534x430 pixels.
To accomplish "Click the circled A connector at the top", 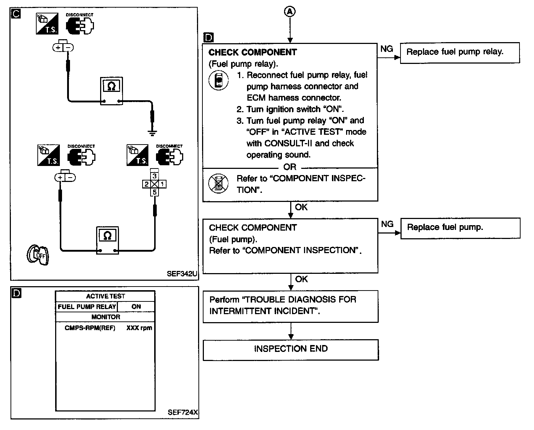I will (290, 12).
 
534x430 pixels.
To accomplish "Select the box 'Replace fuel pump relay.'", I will (460, 53).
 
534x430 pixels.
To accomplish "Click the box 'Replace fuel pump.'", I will (460, 228).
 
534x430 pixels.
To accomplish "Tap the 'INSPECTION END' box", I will (291, 349).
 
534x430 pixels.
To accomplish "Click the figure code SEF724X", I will (183, 412).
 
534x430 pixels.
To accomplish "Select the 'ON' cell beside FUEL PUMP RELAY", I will (136, 307).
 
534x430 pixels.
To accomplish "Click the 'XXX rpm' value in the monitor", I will (139, 328).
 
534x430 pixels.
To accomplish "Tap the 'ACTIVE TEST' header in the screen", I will (105, 296).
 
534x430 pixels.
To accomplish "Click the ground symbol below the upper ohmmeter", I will (153, 133).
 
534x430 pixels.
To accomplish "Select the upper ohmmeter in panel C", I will (111, 90).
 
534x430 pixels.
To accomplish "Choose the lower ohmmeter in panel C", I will (107, 240).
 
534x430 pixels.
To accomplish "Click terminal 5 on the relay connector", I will (155, 192).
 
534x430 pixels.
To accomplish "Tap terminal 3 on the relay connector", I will (155, 176).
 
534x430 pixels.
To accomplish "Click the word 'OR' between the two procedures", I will (290, 167).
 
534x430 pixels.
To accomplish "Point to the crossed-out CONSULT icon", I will (218, 184).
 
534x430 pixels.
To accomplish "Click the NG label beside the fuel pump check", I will (387, 224).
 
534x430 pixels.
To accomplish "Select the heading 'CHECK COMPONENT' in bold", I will (252, 53).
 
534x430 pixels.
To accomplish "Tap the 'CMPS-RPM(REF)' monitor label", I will (90, 328).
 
